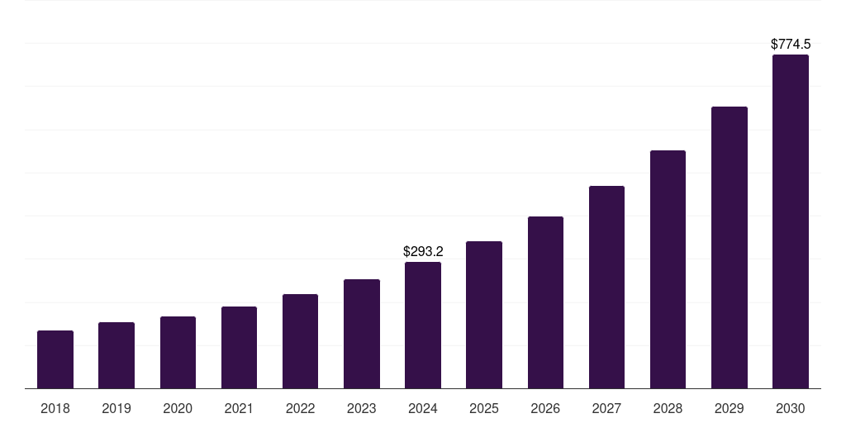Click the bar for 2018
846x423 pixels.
point(55,359)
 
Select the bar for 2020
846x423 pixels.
point(178,352)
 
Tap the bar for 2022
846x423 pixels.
point(300,341)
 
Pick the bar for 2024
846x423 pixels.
point(423,325)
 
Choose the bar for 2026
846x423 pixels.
point(545,302)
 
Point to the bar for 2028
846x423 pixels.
point(668,269)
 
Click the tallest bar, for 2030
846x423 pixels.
point(791,221)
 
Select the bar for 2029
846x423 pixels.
point(730,247)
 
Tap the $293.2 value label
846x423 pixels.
point(423,251)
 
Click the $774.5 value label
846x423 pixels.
point(791,44)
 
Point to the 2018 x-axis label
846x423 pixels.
point(55,408)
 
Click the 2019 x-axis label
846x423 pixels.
point(116,408)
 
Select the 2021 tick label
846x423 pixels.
point(239,408)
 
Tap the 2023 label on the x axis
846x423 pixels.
point(362,408)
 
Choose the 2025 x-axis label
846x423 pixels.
point(484,408)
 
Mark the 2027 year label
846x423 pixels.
point(606,408)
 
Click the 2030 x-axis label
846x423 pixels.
point(791,408)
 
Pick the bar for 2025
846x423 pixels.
point(484,315)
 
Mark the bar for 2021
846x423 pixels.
point(239,347)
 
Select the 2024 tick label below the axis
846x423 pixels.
point(423,408)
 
